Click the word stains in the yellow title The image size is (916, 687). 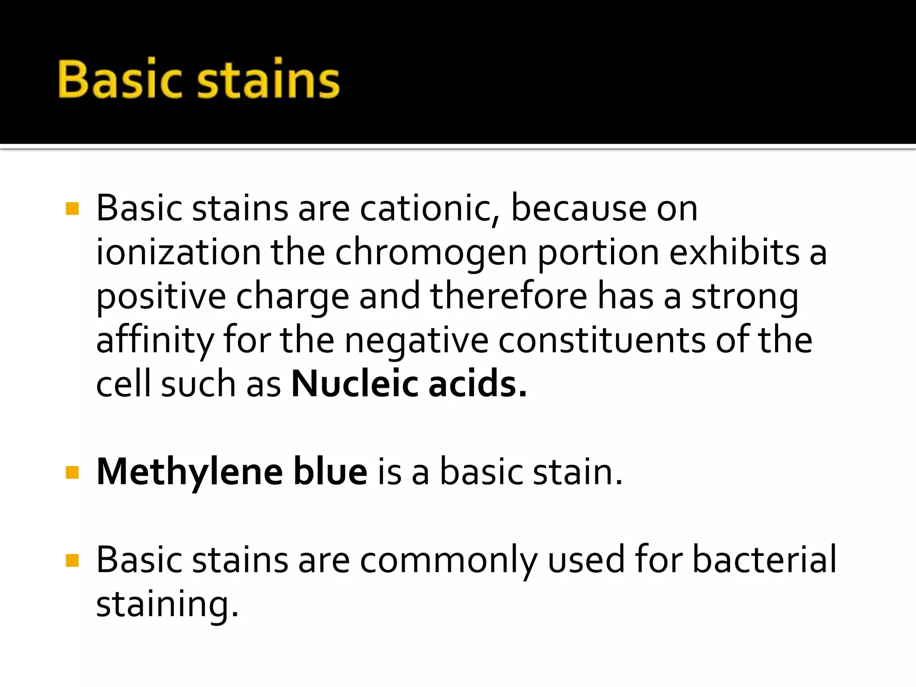click(268, 79)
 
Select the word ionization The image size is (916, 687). click(178, 252)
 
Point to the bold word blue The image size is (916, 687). click(330, 472)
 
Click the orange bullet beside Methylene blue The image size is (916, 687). click(72, 472)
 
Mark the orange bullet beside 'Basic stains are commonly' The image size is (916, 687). click(72, 560)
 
